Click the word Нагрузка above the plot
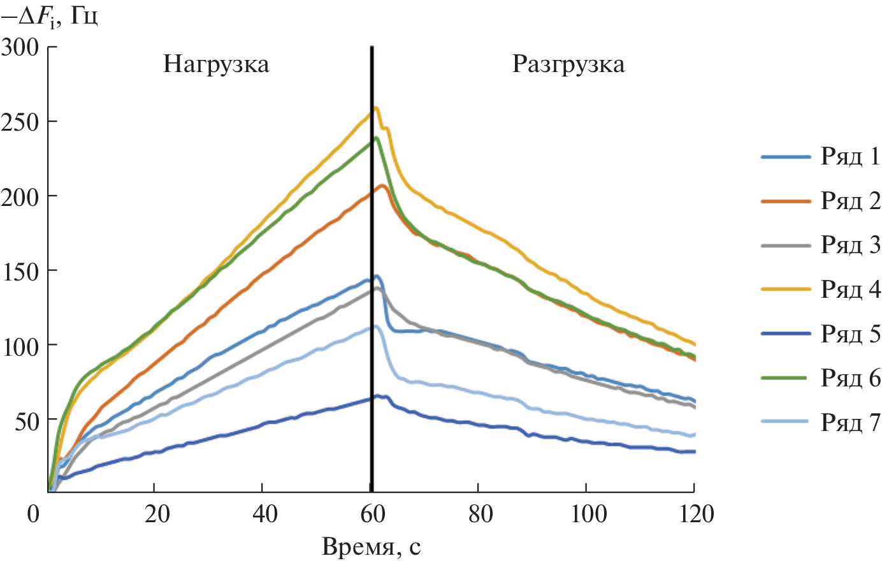point(216,65)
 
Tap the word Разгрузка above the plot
point(568,65)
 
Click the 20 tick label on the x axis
point(157,514)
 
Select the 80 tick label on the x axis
point(481,514)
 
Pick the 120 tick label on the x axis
point(693,514)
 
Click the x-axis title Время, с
point(371,546)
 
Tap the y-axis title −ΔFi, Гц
point(50,17)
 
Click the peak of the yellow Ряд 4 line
point(377,108)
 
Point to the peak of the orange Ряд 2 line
point(382,186)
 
